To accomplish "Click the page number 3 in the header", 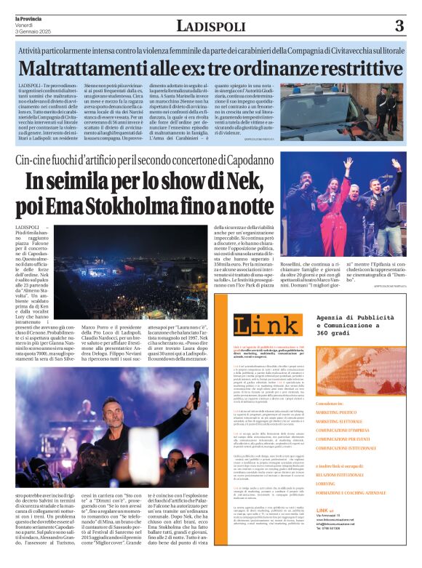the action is pyautogui.click(x=399, y=26).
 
